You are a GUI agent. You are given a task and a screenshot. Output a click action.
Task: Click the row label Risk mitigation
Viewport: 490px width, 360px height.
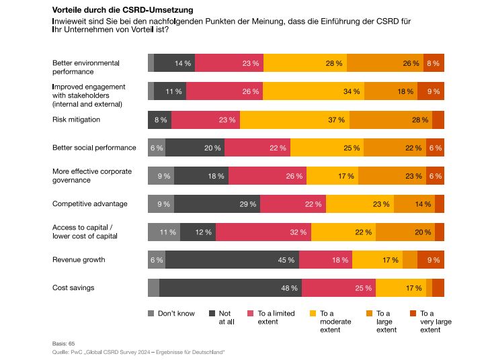pos(76,120)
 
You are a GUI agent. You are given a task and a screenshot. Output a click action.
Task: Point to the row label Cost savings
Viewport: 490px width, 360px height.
pos(73,287)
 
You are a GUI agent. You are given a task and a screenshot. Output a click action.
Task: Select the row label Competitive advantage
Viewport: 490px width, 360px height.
pos(90,204)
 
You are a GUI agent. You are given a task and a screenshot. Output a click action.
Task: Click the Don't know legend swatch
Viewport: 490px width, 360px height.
pos(151,314)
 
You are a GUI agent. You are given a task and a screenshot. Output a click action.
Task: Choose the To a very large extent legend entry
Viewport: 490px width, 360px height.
pos(435,322)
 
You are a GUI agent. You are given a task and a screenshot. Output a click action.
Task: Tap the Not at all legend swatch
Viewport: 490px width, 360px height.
pos(213,314)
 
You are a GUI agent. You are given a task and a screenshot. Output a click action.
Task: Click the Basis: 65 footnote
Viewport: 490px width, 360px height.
pos(63,343)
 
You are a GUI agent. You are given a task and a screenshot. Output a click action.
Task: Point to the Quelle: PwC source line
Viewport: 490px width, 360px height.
pos(138,351)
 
